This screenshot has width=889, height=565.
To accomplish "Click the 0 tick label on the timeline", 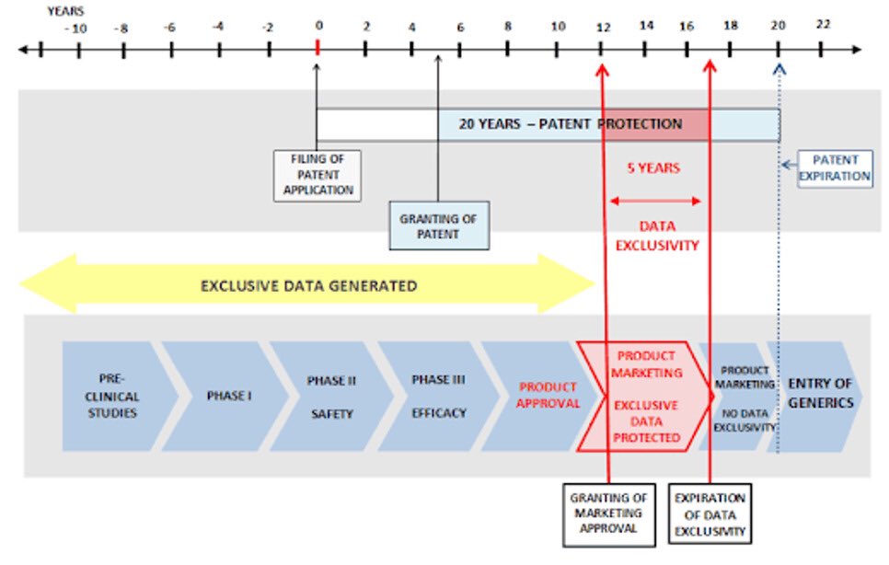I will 318,26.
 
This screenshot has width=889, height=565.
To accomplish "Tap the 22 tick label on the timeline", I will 823,25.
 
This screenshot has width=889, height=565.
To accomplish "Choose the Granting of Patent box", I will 437,227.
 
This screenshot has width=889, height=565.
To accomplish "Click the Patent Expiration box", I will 835,167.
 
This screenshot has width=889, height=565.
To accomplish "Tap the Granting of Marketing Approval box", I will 608,514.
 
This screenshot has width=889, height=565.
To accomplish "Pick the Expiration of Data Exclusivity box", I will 710,514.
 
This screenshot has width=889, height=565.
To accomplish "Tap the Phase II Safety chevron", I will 331,397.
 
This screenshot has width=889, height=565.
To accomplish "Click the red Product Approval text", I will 548,396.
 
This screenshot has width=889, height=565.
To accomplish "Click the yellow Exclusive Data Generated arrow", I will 308,285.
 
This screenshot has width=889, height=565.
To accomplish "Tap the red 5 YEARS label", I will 653,168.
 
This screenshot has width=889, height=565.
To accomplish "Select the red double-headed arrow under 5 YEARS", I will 654,200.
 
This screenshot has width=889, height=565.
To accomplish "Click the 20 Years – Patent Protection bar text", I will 571,124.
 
